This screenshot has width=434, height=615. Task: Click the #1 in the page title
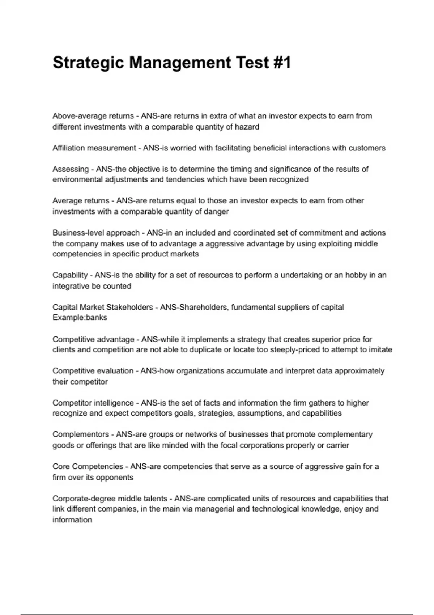(280, 63)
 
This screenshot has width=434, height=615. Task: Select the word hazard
(247, 127)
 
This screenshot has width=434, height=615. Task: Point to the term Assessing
(71, 169)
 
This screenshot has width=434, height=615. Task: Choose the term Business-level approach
(96, 233)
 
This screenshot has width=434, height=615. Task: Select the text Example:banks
(80, 318)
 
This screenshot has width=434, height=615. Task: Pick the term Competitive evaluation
(93, 371)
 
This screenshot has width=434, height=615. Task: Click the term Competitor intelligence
(93, 403)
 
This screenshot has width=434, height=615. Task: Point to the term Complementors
(81, 434)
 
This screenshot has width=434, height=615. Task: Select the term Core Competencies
(88, 467)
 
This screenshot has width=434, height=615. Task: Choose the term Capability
(70, 275)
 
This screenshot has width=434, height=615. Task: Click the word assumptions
(260, 413)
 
